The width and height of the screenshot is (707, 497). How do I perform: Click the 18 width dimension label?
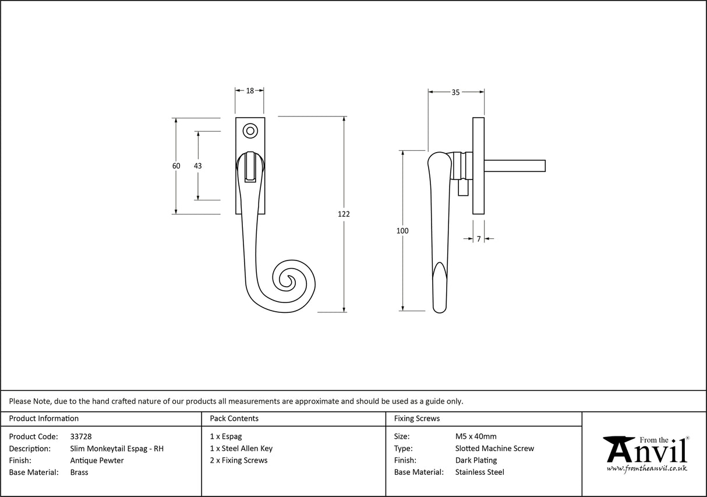(x=250, y=90)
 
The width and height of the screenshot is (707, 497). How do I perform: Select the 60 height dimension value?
(x=176, y=166)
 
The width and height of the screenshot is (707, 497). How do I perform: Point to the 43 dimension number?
(x=197, y=166)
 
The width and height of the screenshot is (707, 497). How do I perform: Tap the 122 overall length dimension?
(x=344, y=214)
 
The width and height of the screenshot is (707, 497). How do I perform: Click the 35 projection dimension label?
(x=455, y=92)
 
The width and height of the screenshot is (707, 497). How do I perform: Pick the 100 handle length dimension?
(x=402, y=231)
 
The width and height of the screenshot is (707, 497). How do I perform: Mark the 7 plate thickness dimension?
(x=479, y=238)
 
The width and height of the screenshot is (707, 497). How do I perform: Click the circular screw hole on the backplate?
(x=250, y=131)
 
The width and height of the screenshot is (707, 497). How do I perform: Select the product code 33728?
(x=80, y=436)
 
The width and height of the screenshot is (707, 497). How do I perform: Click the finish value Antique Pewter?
(x=97, y=460)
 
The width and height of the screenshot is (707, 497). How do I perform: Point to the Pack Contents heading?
(x=234, y=418)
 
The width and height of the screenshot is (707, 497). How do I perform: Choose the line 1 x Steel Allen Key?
(x=241, y=449)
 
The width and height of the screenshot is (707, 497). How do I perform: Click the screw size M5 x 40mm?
(x=476, y=436)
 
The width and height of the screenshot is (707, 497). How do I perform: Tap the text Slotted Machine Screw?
(x=494, y=449)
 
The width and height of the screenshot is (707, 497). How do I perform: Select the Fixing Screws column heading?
(x=417, y=418)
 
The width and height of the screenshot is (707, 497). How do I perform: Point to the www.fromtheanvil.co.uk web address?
(x=646, y=468)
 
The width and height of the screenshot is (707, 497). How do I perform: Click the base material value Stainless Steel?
(x=480, y=473)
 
